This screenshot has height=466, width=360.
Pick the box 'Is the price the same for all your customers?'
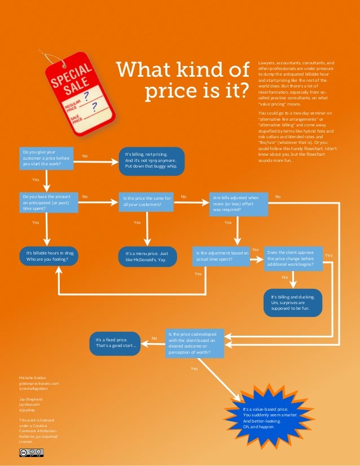coord(148,201)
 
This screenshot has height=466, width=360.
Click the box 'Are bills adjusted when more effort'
coord(237,203)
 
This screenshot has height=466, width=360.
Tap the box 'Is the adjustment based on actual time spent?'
coord(221,256)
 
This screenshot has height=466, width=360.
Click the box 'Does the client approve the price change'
coord(293,257)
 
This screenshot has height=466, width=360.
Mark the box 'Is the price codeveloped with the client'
coord(195,343)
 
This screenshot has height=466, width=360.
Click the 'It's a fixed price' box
coord(115,343)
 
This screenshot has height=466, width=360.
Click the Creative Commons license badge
coord(32,452)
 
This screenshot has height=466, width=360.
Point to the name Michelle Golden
coord(33,377)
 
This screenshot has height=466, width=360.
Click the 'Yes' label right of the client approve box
coord(329,256)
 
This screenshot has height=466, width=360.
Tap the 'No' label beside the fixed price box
coord(154,338)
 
